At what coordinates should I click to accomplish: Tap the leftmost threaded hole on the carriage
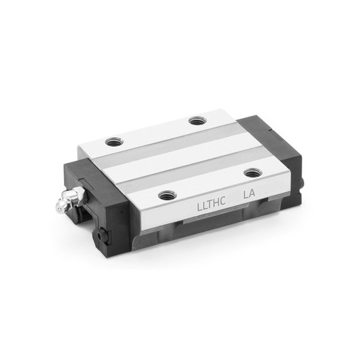(113, 143)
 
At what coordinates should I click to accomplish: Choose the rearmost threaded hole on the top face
(197, 122)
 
